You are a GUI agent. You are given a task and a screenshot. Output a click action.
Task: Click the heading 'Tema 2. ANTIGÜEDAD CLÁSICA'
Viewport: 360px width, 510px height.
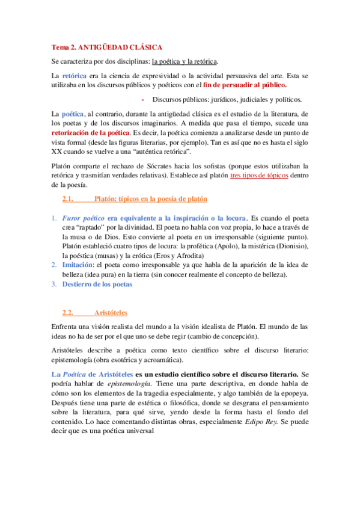106,46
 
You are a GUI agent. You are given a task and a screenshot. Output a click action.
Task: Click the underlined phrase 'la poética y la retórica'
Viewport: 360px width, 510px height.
185,61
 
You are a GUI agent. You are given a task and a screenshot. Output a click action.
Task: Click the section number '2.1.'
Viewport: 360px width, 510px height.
67,198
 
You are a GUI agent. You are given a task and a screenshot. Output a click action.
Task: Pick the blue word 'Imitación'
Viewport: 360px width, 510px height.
77,265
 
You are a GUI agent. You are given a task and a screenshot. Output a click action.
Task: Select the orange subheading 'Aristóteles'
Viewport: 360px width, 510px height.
111,312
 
